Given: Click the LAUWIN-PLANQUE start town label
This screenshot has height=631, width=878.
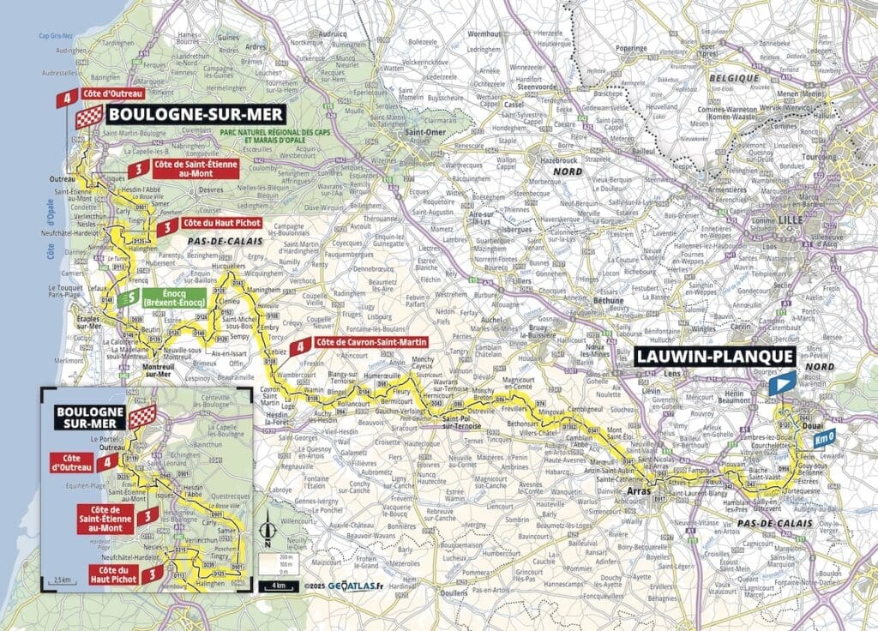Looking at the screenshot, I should click(713, 357).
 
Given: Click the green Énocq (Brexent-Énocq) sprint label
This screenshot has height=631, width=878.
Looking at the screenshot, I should click(172, 297).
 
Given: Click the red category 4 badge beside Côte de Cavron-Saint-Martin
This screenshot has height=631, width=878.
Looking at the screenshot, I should click(298, 347).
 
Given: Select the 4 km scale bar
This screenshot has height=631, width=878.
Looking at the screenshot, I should click(274, 586).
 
